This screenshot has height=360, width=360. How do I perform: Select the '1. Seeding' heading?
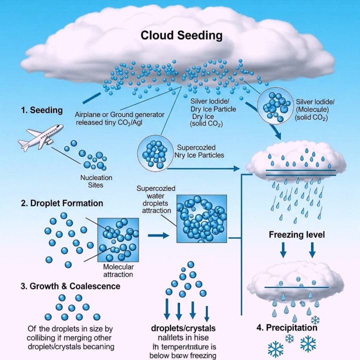point(42,110)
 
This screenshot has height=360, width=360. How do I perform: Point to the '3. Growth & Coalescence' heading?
point(70,286)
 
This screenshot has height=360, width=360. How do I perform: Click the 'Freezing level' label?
point(297,234)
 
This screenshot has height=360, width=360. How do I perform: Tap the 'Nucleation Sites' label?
point(96,181)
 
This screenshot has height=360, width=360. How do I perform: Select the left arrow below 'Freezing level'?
point(283,249)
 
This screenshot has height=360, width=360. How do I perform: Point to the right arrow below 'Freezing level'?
point(313,249)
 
